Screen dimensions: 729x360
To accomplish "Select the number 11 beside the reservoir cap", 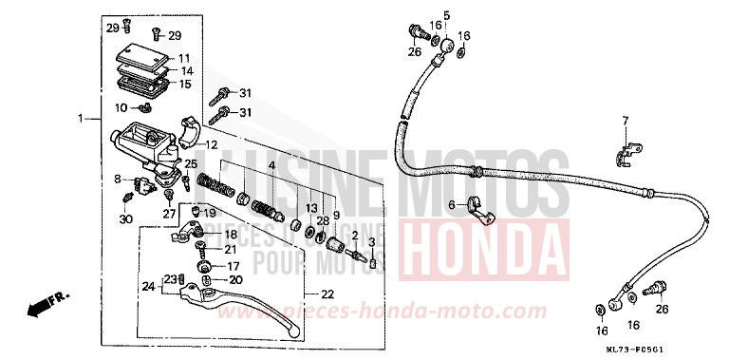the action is click(x=184, y=58).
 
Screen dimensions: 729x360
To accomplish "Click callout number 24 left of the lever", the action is click(x=147, y=286).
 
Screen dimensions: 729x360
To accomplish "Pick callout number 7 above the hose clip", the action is click(x=626, y=121).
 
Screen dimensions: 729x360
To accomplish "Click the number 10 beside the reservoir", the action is click(x=121, y=107).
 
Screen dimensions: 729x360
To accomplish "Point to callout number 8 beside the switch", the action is click(x=117, y=179).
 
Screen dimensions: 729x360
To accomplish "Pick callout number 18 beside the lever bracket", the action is click(x=231, y=234).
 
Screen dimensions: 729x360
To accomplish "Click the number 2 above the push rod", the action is click(x=354, y=236).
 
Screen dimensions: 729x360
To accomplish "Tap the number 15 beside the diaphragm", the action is click(x=185, y=84).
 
